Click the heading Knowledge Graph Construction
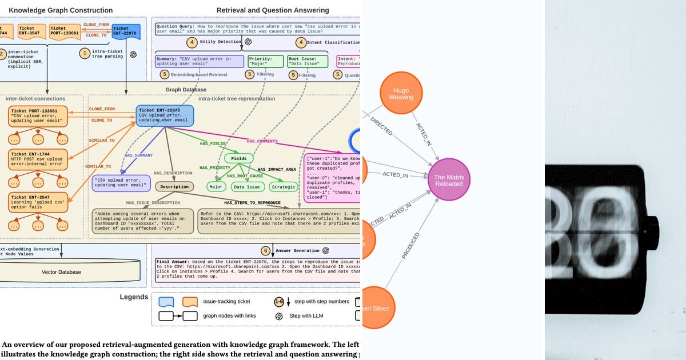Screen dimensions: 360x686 (61, 10)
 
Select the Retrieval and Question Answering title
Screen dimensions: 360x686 (273, 10)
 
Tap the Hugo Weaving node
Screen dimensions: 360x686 (401, 94)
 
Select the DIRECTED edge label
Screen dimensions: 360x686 (381, 126)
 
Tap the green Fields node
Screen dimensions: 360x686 (239, 158)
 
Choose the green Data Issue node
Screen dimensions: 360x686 (247, 187)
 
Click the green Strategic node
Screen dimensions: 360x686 (284, 187)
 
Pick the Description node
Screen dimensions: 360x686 (174, 186)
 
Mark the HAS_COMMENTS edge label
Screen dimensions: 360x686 (262, 141)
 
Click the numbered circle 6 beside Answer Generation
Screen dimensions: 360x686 (265, 250)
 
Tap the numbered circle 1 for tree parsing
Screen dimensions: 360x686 (85, 53)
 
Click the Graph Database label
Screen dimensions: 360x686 (186, 90)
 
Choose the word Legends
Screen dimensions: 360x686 (134, 297)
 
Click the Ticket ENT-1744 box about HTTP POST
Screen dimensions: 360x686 (38, 158)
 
